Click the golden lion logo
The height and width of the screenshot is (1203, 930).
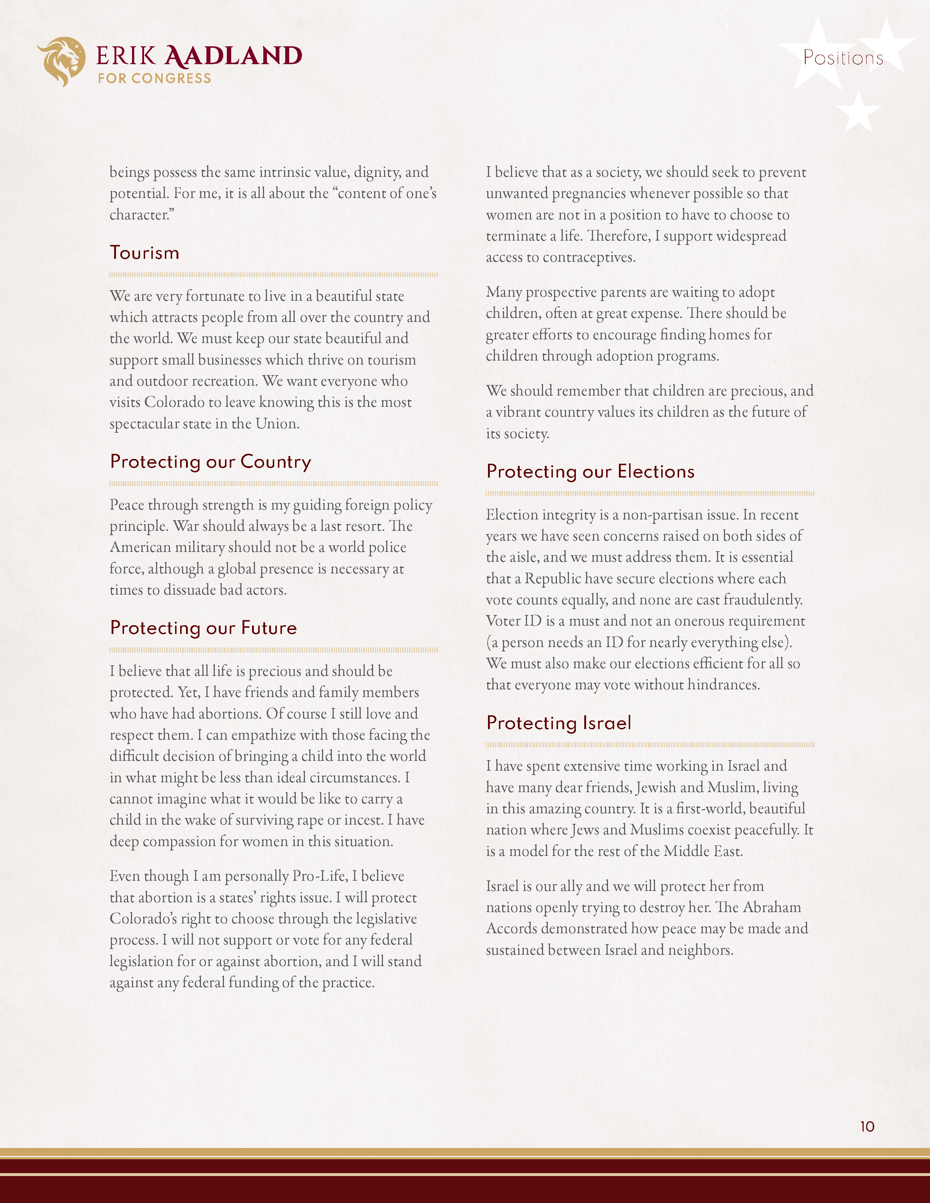[62, 61]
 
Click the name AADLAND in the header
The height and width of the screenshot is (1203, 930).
[234, 56]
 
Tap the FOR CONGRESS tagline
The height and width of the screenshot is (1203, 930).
[154, 79]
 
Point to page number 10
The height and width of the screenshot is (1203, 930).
[867, 1126]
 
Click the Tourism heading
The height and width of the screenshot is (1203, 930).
[144, 253]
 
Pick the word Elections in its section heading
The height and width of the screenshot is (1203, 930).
[656, 472]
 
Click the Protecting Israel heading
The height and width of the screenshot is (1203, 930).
[559, 723]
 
